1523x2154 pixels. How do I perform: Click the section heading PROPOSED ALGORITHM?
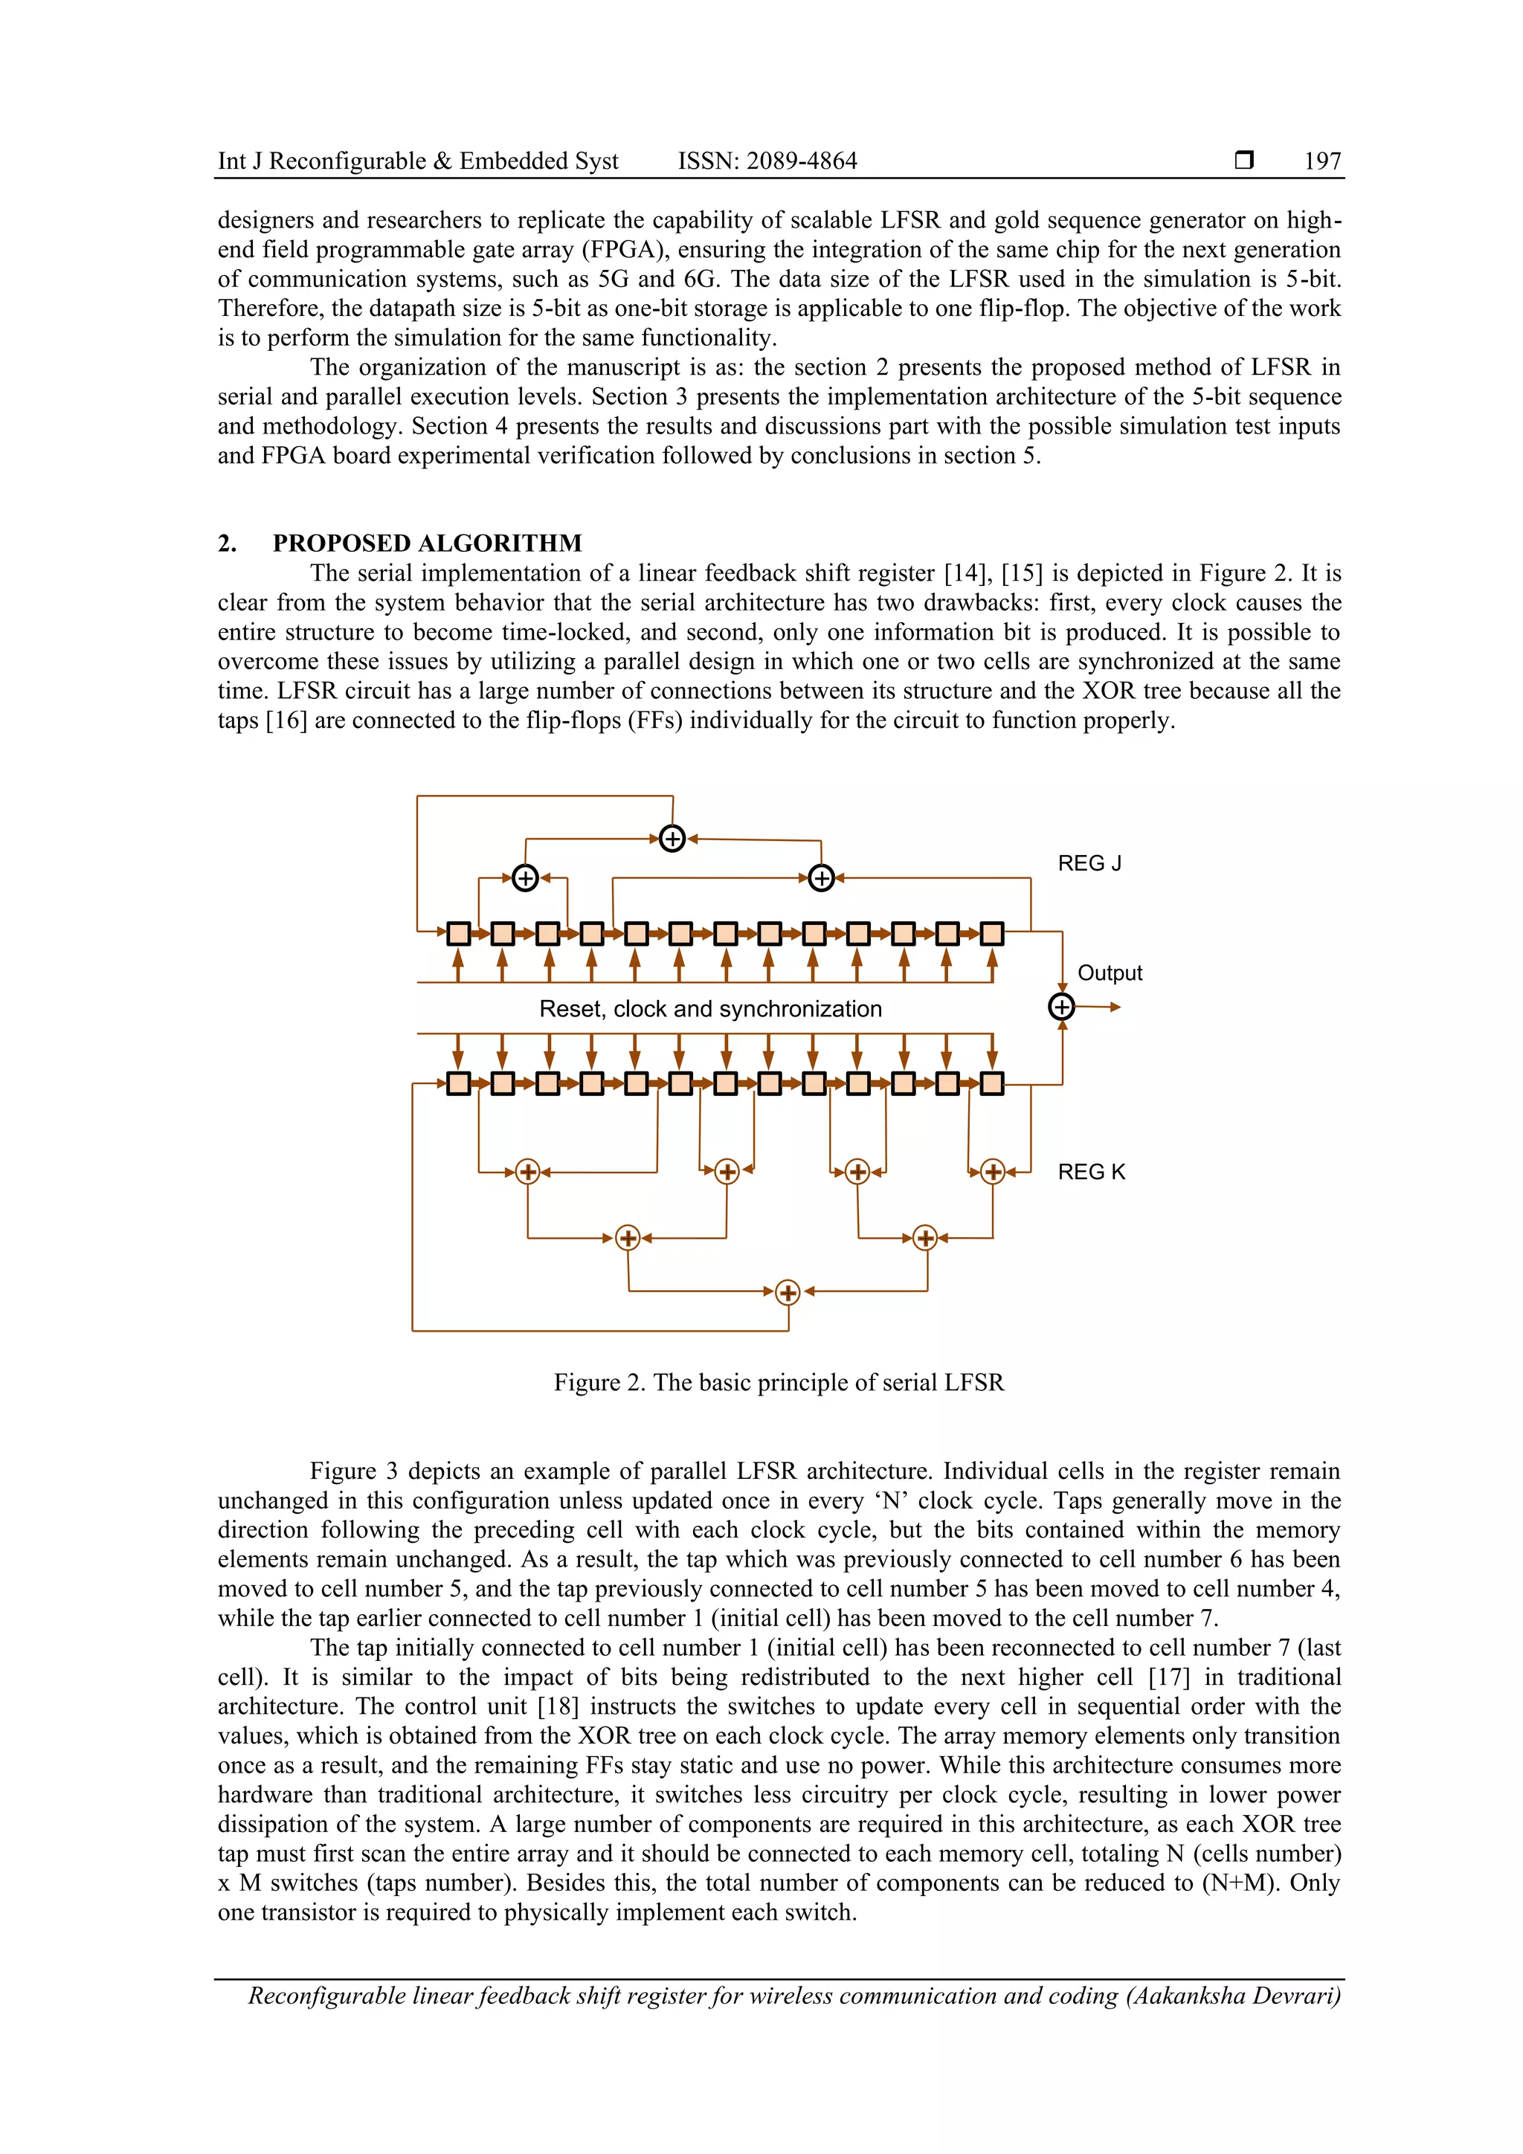coord(427,544)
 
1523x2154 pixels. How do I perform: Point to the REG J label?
coord(1089,863)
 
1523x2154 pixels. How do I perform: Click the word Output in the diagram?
coord(1110,973)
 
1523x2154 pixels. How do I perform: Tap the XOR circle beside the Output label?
coord(1061,1007)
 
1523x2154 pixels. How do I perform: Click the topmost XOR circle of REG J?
coord(672,838)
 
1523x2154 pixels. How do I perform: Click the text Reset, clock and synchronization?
coord(710,1008)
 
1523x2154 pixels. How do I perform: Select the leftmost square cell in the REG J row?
coord(458,933)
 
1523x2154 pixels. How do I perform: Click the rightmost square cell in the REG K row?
coord(992,1083)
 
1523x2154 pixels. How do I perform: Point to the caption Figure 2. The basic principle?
coord(778,1383)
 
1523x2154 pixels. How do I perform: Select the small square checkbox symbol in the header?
coord(1244,161)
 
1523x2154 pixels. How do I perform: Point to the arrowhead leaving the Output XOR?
coord(1115,1007)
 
